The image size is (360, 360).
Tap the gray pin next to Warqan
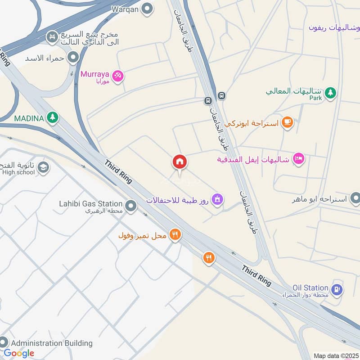pos(147,9)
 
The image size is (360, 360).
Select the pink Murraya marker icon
pos(118,76)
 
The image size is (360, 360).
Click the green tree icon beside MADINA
pos(53,118)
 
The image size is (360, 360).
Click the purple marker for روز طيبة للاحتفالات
pos(217,199)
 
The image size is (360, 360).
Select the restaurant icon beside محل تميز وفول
pos(175,235)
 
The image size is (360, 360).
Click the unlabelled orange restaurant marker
pos(209,258)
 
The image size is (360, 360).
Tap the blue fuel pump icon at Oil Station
pos(337,289)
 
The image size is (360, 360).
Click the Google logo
pos(19,353)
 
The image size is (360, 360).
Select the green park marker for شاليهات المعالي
pos(331,92)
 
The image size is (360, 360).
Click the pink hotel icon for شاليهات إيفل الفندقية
pos(298,159)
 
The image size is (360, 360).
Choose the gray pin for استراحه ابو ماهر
pos(355,198)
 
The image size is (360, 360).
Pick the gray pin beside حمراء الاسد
pos(72,58)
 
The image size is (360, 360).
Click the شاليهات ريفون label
pos(334,27)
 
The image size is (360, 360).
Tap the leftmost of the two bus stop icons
pos(208,100)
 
